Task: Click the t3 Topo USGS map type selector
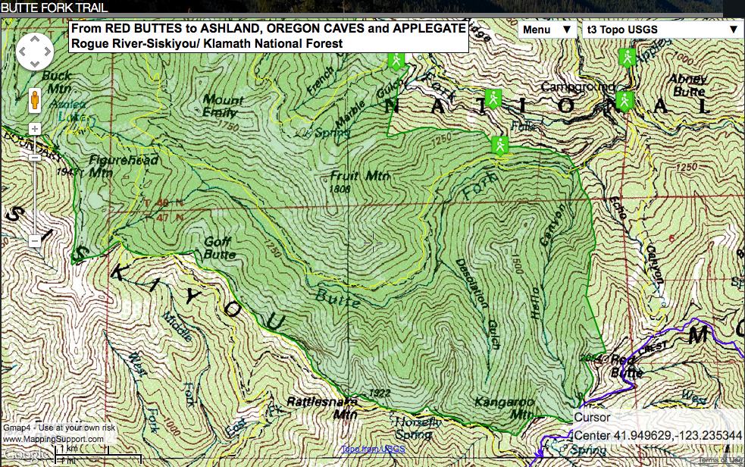coord(661,30)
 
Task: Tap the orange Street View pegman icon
coord(35,99)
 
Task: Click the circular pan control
coord(35,53)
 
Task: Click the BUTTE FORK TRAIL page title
coord(54,8)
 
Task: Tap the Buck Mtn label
coord(57,81)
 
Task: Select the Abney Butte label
coord(687,84)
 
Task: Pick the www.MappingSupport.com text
coord(52,439)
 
